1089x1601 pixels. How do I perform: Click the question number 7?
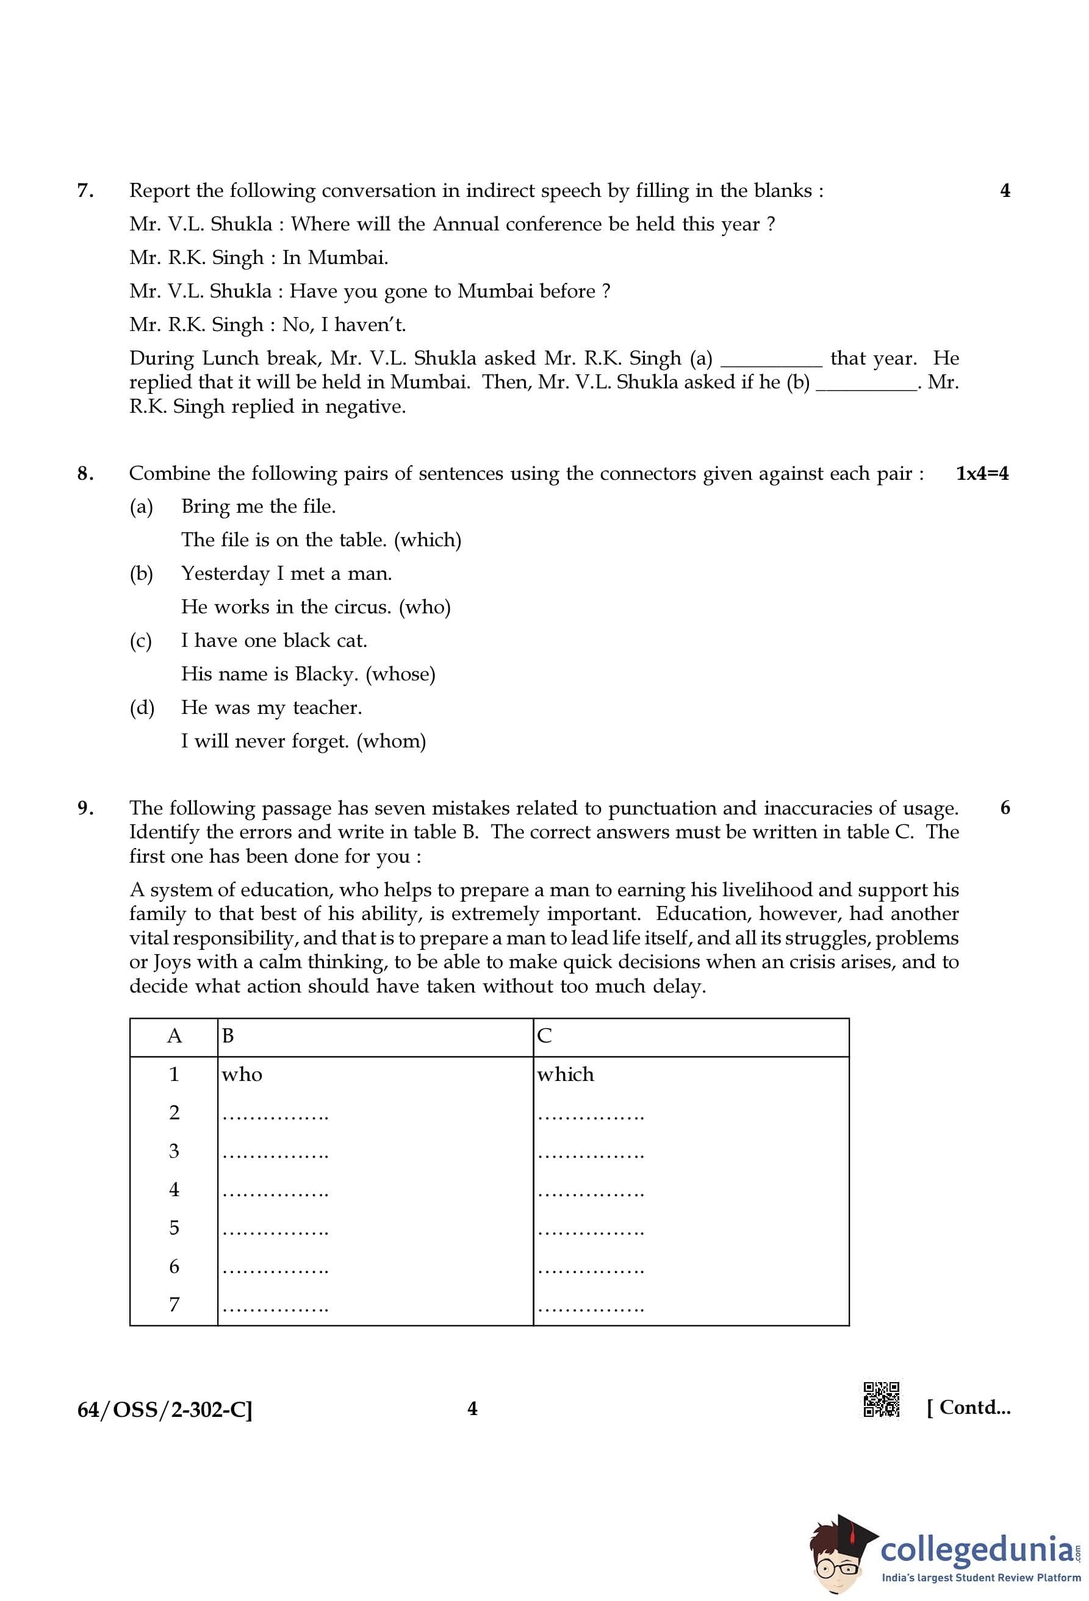pyautogui.click(x=85, y=191)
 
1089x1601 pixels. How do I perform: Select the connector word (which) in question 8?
pyautogui.click(x=427, y=540)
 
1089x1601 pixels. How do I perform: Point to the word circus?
pyautogui.click(x=362, y=607)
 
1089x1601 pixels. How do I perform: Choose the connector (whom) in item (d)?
pyautogui.click(x=391, y=741)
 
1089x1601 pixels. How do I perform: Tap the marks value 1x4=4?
pyautogui.click(x=982, y=473)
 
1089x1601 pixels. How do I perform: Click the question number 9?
pyautogui.click(x=85, y=808)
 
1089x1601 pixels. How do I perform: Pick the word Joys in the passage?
pyautogui.click(x=172, y=961)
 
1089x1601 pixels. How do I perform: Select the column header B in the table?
pyautogui.click(x=228, y=1035)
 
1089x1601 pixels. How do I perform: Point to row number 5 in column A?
pyautogui.click(x=174, y=1228)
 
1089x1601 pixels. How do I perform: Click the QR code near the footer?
pyautogui.click(x=881, y=1399)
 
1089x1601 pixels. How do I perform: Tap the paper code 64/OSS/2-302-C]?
pyautogui.click(x=165, y=1410)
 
